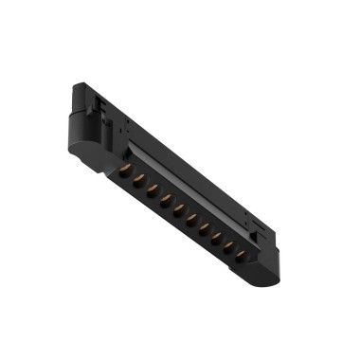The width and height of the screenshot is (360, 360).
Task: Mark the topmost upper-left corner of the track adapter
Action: [75, 86]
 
